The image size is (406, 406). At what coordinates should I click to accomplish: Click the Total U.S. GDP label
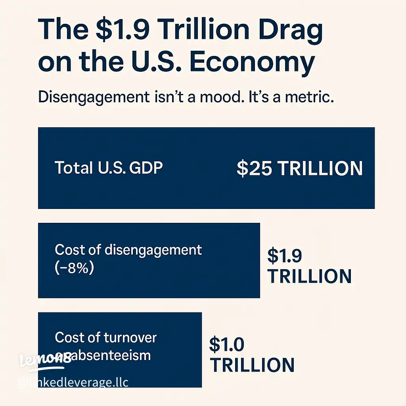click(x=109, y=168)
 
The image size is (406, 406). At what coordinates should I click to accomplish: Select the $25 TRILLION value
click(x=299, y=169)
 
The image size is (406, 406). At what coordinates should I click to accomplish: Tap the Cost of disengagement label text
click(x=128, y=250)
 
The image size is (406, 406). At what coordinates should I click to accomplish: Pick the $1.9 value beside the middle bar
click(x=284, y=256)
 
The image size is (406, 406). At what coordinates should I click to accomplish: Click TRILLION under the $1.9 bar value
click(x=309, y=276)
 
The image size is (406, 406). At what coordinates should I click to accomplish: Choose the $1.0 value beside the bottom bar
click(x=226, y=345)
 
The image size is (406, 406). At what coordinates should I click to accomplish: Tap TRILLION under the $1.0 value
click(x=252, y=365)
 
